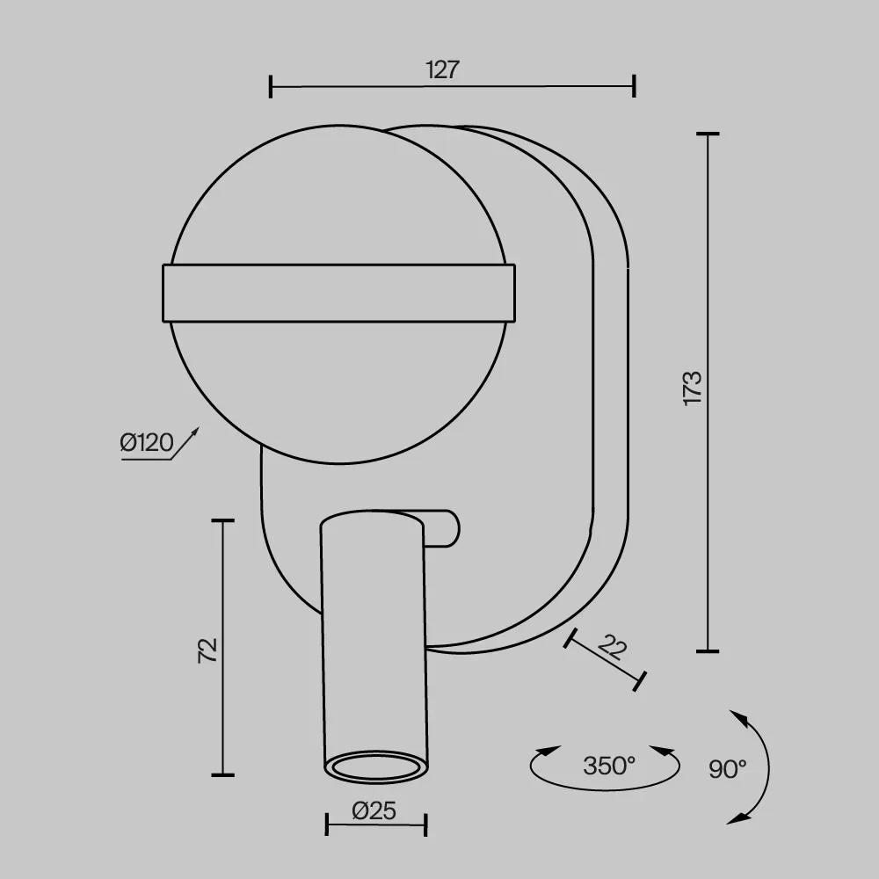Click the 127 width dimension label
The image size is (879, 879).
tap(442, 70)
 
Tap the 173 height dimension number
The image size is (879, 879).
tap(693, 388)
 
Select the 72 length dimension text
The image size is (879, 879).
tap(207, 650)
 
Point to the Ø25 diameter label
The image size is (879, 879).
tap(374, 810)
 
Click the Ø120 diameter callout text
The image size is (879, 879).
tap(147, 443)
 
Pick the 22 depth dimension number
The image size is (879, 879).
tap(612, 647)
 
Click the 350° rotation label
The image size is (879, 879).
tap(609, 766)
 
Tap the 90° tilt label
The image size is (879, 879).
tap(728, 769)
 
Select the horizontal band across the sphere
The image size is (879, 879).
tap(338, 294)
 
